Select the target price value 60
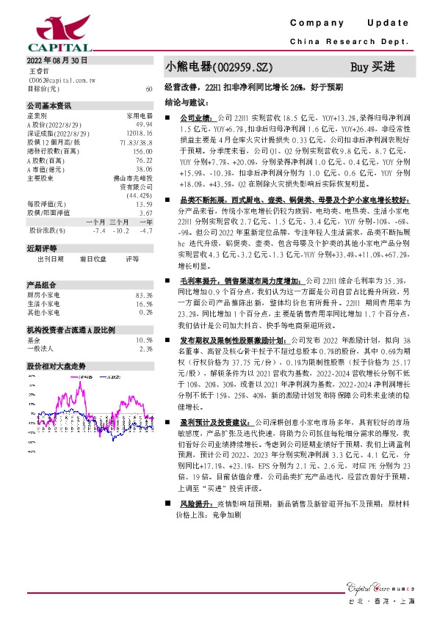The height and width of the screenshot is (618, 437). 149,88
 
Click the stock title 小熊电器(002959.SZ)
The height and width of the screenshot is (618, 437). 213,67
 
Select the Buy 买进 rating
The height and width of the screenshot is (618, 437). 372,67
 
